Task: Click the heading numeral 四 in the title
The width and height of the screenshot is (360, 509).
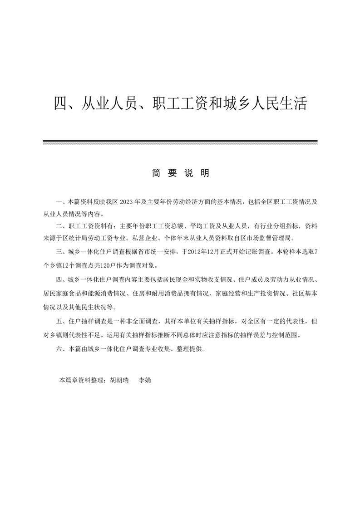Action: pyautogui.click(x=61, y=104)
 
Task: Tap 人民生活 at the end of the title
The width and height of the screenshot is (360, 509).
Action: pyautogui.click(x=280, y=104)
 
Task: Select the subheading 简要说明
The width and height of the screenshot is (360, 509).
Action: pyautogui.click(x=180, y=173)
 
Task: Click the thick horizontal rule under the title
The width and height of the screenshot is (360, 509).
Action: pyautogui.click(x=180, y=141)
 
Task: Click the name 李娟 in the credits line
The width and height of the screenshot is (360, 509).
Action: pyautogui.click(x=144, y=380)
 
